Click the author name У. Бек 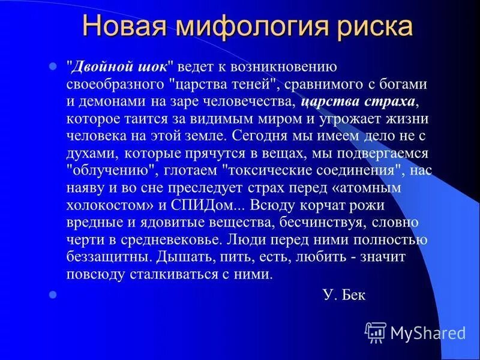pos(344,295)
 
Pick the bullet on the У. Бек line pos(52,295)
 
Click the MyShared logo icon pos(376,332)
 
